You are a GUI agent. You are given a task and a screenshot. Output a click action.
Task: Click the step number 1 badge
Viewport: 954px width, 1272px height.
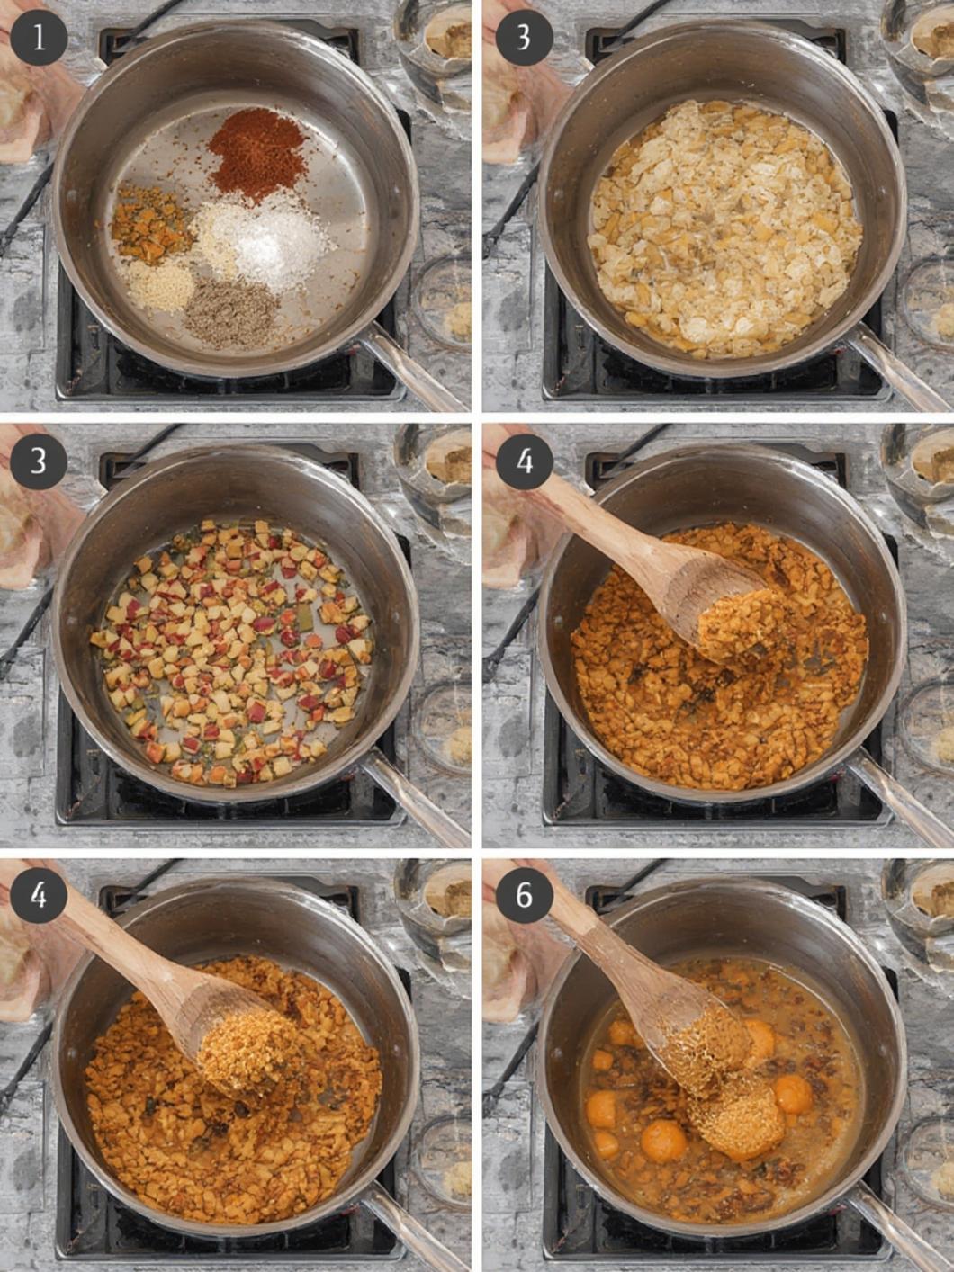[39, 39]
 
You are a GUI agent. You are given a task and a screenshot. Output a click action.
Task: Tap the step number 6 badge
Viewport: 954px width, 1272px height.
[524, 895]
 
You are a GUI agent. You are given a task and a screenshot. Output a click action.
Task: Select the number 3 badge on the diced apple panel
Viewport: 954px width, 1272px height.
[39, 463]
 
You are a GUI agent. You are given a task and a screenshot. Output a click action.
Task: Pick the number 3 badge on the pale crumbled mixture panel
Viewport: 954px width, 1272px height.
[524, 39]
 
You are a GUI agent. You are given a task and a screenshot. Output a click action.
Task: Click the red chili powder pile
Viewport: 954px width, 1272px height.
[258, 154]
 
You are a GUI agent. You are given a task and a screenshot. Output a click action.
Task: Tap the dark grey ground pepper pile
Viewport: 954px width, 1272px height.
[232, 313]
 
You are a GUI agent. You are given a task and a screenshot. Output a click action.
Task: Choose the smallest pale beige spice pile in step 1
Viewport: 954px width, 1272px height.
[158, 284]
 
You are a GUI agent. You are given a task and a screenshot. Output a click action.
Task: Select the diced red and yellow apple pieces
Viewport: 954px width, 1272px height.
[230, 652]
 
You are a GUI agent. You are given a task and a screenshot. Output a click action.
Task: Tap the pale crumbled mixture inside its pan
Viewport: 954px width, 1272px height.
[724, 228]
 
